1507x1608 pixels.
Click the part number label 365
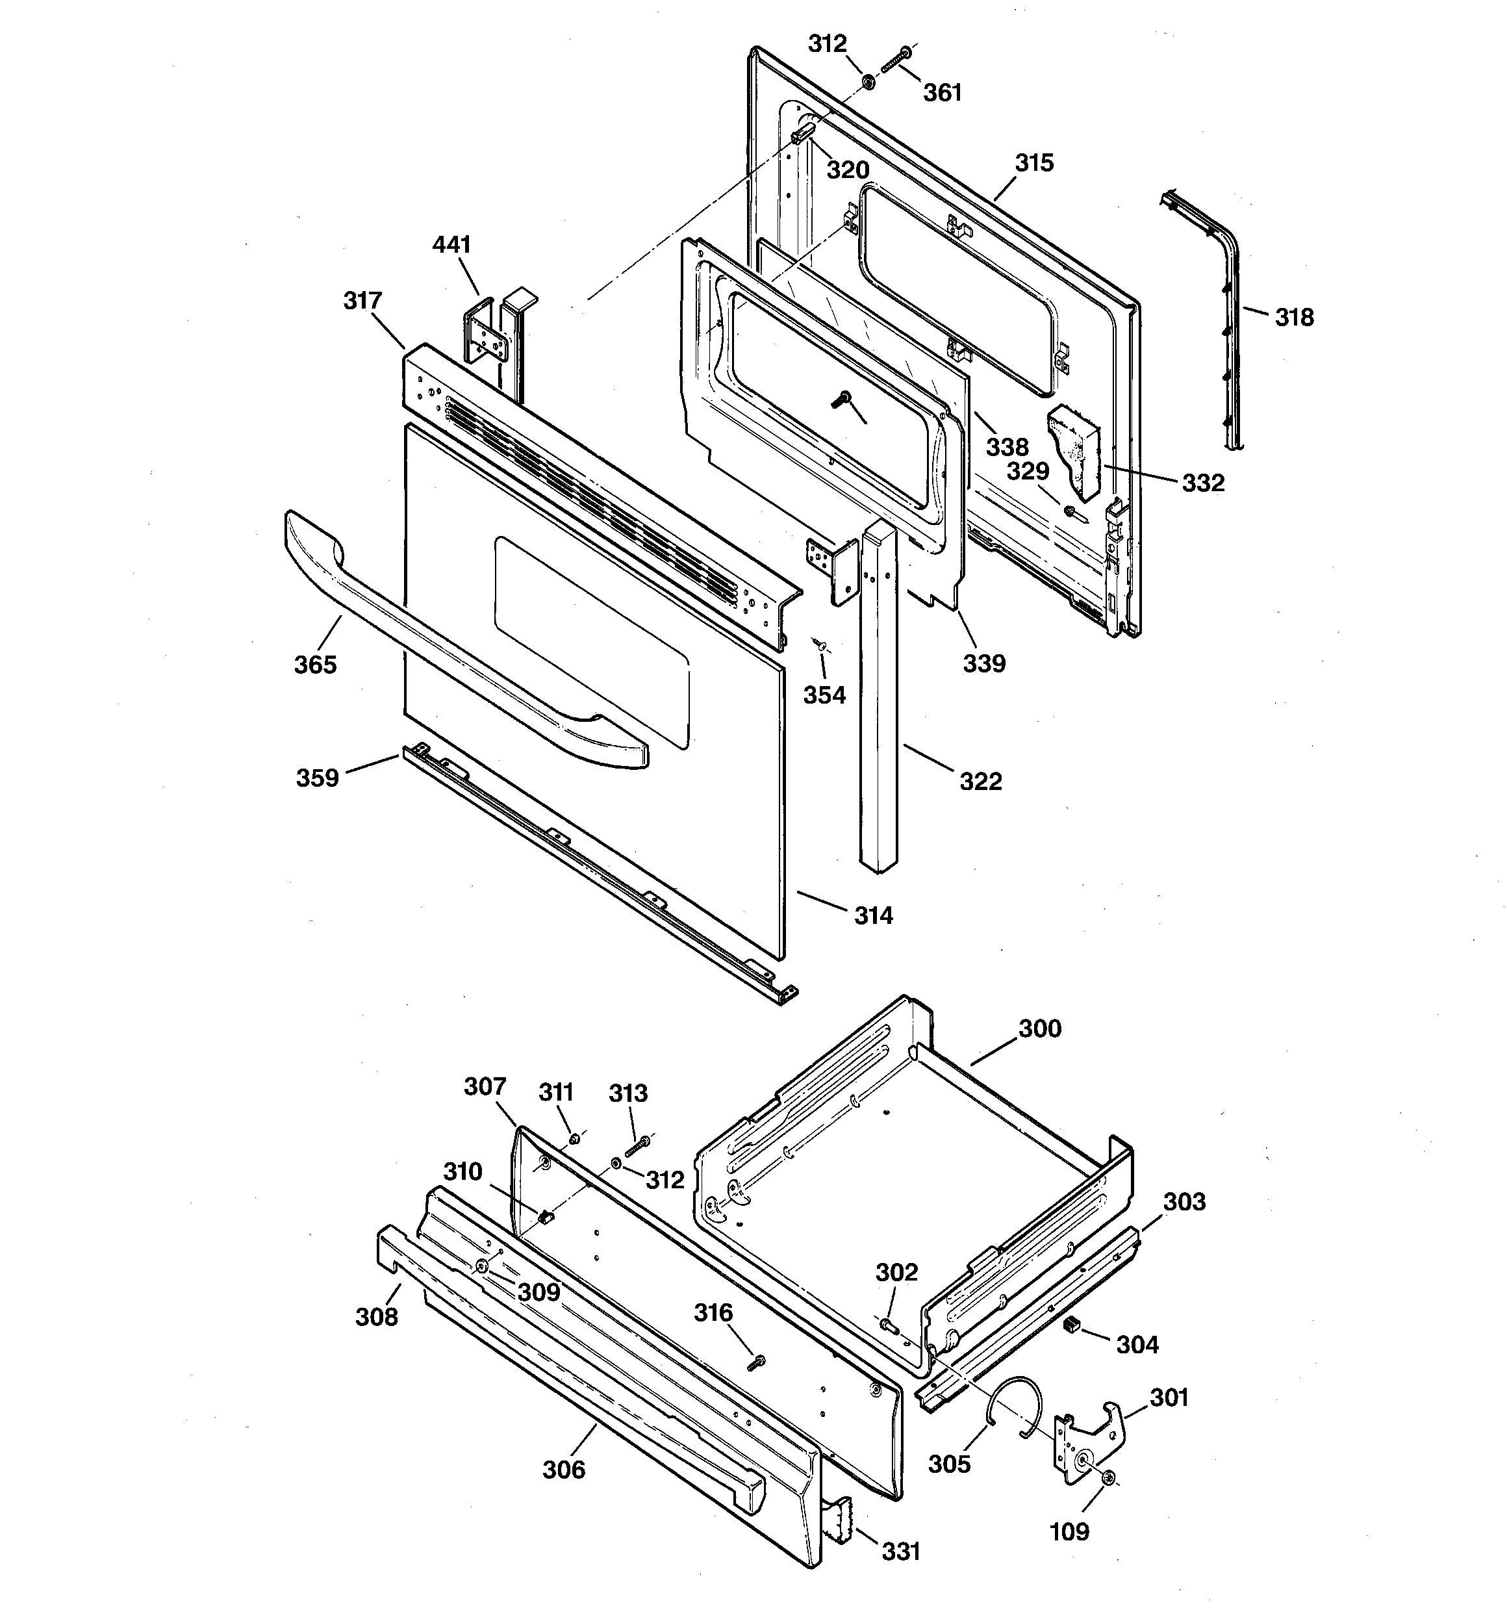coord(314,664)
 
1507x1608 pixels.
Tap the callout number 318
coord(1294,317)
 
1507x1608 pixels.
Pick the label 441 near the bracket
coord(451,244)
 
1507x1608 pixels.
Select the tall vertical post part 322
coord(877,696)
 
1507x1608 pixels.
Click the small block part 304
coord(1071,1324)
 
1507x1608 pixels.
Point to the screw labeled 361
coord(894,60)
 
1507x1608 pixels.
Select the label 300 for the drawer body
coord(1039,1029)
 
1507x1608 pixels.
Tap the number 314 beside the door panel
coord(874,915)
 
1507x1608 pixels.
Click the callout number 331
coord(900,1551)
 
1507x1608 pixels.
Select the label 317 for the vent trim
coord(362,301)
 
